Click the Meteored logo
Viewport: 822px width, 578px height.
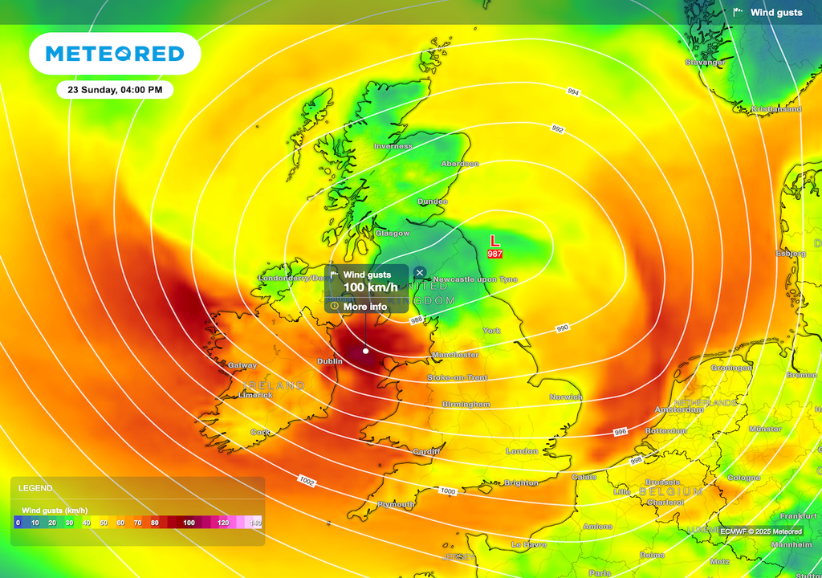click(115, 54)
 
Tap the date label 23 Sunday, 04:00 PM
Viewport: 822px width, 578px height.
click(115, 90)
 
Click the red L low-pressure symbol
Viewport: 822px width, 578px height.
click(494, 241)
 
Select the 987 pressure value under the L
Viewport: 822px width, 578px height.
click(494, 254)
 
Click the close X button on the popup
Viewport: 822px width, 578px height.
click(420, 273)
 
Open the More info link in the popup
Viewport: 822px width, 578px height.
click(364, 307)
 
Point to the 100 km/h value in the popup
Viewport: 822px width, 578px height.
click(370, 287)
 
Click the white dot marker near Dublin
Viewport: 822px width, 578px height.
click(366, 350)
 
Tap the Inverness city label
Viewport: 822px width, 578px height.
click(393, 146)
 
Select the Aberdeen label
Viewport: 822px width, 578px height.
click(459, 164)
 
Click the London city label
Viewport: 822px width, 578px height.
click(522, 451)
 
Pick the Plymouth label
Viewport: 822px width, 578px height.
click(396, 504)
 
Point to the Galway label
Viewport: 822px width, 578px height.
click(242, 365)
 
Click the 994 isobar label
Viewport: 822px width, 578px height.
click(572, 92)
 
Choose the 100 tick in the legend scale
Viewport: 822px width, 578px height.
click(189, 523)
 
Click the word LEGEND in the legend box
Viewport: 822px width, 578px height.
click(35, 488)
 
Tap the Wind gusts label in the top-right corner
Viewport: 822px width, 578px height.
click(776, 12)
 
